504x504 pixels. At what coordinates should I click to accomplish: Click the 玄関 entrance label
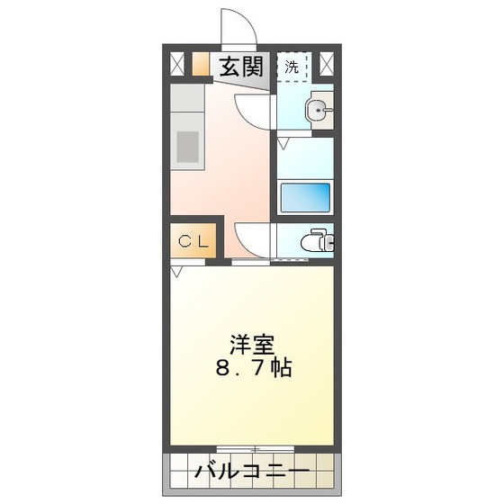coord(239,66)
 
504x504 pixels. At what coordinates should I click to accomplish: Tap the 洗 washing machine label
coord(292,67)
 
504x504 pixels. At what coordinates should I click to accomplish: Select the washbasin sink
coord(316,111)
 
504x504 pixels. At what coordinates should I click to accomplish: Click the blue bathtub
coord(305,196)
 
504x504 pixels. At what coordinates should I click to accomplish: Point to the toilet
coord(315,241)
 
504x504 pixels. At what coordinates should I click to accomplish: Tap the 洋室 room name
coord(252,345)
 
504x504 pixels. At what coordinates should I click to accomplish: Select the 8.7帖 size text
coord(253,369)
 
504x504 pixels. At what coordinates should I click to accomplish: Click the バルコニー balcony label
coord(252,472)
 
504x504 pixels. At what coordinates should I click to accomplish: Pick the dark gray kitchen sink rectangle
coord(187,148)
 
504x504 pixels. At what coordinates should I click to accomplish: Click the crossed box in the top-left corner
coord(176,64)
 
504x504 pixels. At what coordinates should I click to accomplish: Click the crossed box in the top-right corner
coord(327,64)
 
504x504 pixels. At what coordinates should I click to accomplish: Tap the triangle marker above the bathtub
coord(283,143)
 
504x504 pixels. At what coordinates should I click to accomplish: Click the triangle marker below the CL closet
coord(176,269)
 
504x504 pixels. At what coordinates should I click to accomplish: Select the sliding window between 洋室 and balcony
coord(253,448)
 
